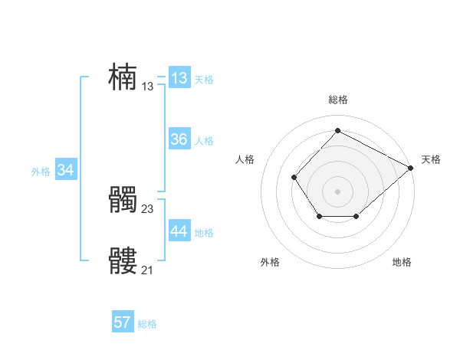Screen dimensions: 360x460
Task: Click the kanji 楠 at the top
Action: click(x=123, y=77)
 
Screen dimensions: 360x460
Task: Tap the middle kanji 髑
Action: click(x=123, y=201)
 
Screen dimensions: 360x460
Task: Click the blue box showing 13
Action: click(x=179, y=78)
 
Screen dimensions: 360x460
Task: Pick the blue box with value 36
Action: click(x=179, y=139)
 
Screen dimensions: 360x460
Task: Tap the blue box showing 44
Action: click(x=179, y=231)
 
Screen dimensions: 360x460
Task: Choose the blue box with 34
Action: click(x=65, y=170)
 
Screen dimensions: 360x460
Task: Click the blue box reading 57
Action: click(x=122, y=322)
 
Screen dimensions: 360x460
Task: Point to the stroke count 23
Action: click(x=148, y=208)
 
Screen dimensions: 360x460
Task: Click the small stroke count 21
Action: click(x=148, y=270)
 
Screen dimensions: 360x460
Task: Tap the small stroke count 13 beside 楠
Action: click(x=148, y=87)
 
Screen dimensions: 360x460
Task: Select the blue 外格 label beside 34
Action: click(x=41, y=172)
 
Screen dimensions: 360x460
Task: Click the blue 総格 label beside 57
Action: click(x=147, y=324)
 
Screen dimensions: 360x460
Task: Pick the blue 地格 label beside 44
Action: click(x=204, y=233)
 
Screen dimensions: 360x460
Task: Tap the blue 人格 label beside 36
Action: click(x=204, y=141)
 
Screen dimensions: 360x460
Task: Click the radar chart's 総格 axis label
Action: click(x=337, y=100)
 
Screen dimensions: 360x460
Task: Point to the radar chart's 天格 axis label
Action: click(x=431, y=159)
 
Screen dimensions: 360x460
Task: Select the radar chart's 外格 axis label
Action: click(x=270, y=262)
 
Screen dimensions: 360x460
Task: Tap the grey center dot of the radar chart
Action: click(x=337, y=191)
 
